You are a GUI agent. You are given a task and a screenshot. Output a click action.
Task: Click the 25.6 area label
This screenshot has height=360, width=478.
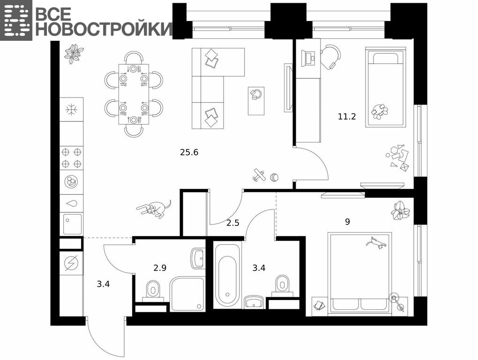pyautogui.click(x=189, y=152)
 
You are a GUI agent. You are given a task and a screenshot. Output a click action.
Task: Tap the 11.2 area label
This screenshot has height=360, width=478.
pyautogui.click(x=347, y=116)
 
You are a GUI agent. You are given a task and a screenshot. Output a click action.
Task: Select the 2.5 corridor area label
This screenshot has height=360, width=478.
pyautogui.click(x=232, y=223)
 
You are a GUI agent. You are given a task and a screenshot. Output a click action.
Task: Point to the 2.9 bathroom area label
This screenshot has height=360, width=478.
pyautogui.click(x=160, y=268)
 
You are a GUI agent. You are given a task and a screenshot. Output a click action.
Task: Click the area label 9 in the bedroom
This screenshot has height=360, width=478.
pyautogui.click(x=348, y=222)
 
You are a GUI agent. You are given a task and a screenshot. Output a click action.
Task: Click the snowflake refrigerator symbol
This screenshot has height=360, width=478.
pyautogui.click(x=72, y=109)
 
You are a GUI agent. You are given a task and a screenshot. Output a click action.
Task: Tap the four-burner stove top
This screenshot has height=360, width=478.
pyautogui.click(x=71, y=158)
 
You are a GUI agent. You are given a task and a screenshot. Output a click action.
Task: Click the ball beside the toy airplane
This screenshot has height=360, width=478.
pyautogui.click(x=275, y=177)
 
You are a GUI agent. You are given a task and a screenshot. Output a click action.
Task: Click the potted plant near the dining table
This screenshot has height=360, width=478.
pyautogui.click(x=74, y=53)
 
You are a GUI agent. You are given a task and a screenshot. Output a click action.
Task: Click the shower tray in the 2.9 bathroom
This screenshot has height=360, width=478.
pyautogui.click(x=187, y=294)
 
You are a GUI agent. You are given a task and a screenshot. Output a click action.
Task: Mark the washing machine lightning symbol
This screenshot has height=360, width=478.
pyautogui.click(x=71, y=262)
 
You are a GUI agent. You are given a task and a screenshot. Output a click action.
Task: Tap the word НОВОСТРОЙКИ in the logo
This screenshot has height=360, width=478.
pyautogui.click(x=104, y=29)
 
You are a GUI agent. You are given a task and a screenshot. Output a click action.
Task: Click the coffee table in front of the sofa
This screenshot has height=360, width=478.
pyautogui.click(x=256, y=101)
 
